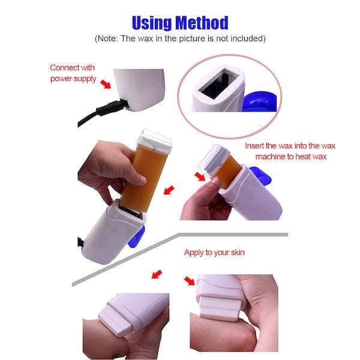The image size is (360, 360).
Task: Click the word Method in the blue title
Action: (202, 23)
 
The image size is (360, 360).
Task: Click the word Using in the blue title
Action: (152, 23)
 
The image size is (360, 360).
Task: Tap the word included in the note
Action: (248, 38)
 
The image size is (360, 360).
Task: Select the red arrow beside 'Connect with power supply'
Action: (106, 84)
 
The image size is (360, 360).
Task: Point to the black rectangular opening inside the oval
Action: (218, 84)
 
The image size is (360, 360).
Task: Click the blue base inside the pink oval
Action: (259, 102)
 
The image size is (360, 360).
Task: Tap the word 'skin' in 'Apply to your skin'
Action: (238, 253)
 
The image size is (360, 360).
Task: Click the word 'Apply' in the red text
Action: (194, 253)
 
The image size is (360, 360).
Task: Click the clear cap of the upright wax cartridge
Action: (155, 140)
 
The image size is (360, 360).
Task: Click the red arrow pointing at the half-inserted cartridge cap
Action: (200, 176)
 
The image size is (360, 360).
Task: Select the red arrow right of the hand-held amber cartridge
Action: (169, 190)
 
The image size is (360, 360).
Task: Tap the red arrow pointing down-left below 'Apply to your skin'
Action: (157, 274)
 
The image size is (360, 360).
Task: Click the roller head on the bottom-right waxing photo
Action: (221, 309)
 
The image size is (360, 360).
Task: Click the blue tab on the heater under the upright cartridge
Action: (136, 237)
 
